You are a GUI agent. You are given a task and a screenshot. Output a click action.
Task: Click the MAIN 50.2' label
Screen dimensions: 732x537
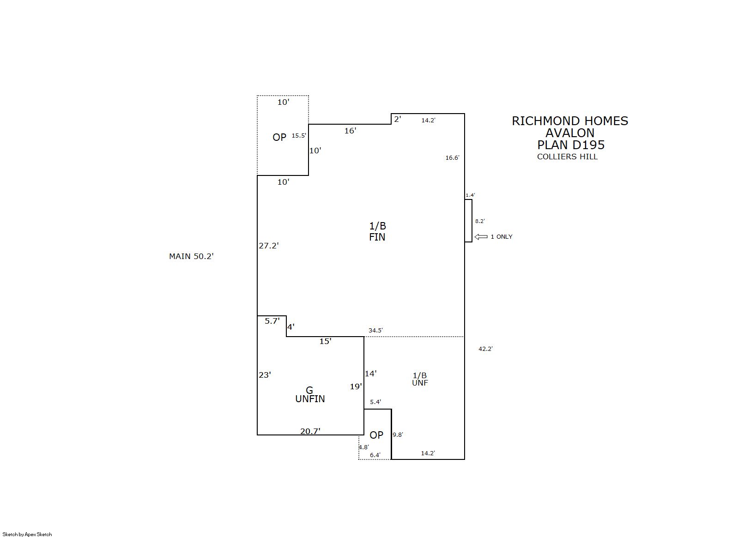[191, 256]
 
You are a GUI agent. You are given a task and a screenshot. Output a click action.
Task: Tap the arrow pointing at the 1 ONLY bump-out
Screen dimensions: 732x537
[481, 237]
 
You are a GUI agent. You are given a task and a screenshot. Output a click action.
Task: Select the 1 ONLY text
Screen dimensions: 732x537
[502, 237]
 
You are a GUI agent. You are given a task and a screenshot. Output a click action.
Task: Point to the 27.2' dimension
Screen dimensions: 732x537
[269, 246]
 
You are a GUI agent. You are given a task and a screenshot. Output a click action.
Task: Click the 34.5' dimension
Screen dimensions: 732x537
[375, 331]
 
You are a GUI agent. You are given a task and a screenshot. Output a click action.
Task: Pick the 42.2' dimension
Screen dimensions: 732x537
[485, 349]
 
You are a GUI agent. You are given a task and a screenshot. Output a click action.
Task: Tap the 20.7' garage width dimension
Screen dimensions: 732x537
[310, 431]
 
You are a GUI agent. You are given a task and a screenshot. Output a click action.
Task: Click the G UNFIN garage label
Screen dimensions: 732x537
[310, 395]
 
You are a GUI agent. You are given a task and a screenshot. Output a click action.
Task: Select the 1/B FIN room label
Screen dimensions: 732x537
[377, 232]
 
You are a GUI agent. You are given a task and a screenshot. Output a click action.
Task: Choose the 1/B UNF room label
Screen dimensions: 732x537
[420, 379]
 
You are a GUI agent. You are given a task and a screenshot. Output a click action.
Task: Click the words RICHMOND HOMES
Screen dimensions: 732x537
[570, 121]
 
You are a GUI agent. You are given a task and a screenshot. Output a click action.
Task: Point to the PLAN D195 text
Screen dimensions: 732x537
[571, 145]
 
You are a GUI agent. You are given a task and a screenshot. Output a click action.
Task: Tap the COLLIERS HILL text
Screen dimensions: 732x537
[567, 157]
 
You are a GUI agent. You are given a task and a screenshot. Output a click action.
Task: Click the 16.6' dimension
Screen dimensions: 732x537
[452, 158]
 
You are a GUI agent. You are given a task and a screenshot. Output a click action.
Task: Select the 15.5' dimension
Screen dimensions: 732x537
[299, 136]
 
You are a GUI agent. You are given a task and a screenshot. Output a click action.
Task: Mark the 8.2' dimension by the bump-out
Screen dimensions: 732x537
[480, 221]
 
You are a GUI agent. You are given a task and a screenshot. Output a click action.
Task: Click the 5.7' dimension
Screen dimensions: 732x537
[272, 321]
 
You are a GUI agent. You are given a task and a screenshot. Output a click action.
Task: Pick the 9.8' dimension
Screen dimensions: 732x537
[398, 435]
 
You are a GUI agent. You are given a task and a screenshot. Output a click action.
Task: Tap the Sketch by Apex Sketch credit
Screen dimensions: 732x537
[27, 534]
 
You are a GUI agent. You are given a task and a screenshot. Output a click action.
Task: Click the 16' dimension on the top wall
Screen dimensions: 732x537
[350, 131]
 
